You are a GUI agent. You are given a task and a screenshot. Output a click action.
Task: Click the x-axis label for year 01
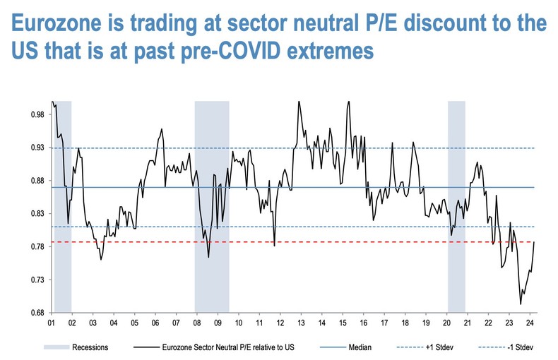tap(51, 323)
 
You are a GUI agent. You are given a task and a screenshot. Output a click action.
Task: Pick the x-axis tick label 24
tap(530, 323)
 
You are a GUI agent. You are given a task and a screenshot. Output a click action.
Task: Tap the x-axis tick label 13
tap(301, 323)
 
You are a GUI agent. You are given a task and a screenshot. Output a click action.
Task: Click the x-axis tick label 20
tap(446, 323)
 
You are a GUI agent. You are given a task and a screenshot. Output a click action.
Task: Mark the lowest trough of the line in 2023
tap(521, 304)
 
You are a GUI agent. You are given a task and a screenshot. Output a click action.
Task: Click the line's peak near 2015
tap(348, 102)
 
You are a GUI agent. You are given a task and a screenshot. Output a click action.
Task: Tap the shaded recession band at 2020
tap(456, 205)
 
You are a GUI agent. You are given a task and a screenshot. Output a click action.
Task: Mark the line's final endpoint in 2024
tap(535, 241)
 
